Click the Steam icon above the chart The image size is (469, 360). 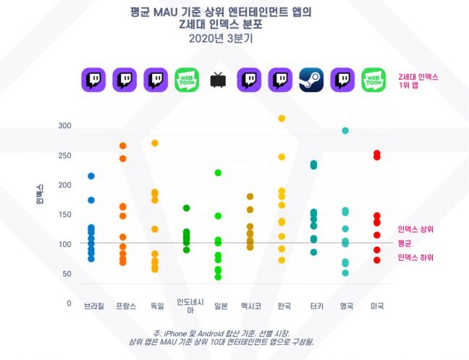point(311,79)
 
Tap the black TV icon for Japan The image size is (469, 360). point(217,80)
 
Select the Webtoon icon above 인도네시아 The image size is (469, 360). point(187,79)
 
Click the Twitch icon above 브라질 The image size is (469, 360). point(93,79)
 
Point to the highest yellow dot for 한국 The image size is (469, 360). point(282,118)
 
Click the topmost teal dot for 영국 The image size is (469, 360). point(345,130)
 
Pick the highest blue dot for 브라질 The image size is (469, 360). point(91,176)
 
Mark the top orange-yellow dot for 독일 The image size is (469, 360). point(154,143)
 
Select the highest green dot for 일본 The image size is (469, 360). point(218,172)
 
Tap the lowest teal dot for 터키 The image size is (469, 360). point(313,252)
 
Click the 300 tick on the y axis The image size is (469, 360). point(65,126)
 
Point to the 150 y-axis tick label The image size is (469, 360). point(65,214)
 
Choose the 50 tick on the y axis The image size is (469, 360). point(67,274)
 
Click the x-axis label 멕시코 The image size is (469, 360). point(250,306)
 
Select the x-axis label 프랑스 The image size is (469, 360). point(125,306)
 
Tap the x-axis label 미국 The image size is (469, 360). point(376,306)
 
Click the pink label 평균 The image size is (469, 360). point(405,243)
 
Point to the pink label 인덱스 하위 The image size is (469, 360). point(415,258)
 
